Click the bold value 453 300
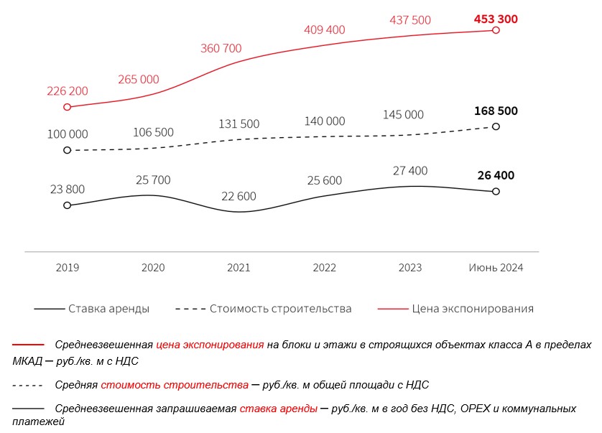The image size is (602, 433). pos(496,19)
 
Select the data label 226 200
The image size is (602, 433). pos(68,91)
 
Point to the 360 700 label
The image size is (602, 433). pos(221,48)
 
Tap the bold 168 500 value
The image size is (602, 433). pos(496,111)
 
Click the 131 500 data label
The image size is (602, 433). pos(239,124)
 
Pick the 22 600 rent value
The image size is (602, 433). pos(239,196)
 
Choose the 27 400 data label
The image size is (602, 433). pos(410,170)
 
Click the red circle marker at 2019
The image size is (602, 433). pos(68,107)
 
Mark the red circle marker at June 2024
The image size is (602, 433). pos(496,30)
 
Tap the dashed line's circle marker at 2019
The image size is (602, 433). pos(68,150)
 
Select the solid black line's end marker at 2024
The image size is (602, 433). pos(496,191)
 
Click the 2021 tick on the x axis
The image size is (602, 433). pos(239,268)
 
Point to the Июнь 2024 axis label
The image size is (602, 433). pos(496,268)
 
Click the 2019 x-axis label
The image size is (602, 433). pos(68,268)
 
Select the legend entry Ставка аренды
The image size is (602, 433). pos(92,309)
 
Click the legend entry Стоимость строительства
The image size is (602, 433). pos(264,309)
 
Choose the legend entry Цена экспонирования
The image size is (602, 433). pos(455,309)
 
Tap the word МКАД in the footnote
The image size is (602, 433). pos(27,361)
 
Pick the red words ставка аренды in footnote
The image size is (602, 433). pos(279,409)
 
